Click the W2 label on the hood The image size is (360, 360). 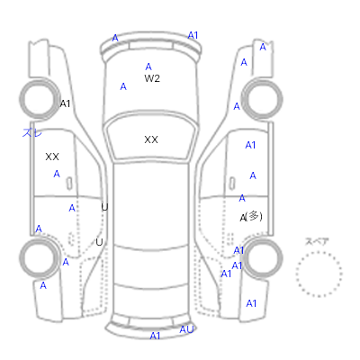(x=152, y=78)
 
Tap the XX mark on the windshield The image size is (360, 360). (x=151, y=139)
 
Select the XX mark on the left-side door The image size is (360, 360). (x=52, y=157)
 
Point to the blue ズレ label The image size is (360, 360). (x=32, y=132)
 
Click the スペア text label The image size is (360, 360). (x=317, y=241)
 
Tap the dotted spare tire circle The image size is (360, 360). (x=319, y=253)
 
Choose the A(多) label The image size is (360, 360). (x=251, y=217)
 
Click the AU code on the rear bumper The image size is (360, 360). (x=186, y=329)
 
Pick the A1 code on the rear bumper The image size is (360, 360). (x=155, y=336)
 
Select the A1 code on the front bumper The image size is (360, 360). (x=193, y=35)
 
